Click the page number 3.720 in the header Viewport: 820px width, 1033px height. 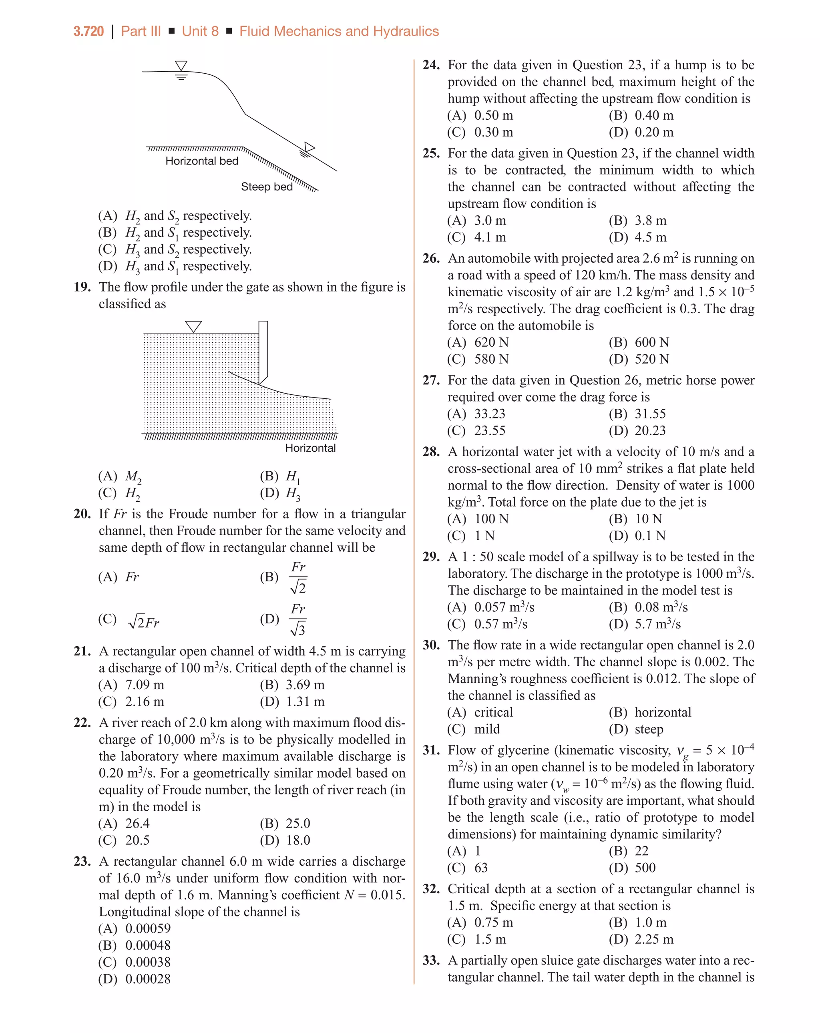click(88, 31)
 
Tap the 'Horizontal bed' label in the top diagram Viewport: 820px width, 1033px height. click(202, 161)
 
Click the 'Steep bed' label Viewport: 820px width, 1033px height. click(267, 187)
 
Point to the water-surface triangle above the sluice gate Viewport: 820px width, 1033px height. click(193, 326)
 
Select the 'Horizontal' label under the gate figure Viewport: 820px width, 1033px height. click(310, 448)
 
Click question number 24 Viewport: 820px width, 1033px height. click(431, 65)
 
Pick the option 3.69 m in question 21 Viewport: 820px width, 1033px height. click(305, 685)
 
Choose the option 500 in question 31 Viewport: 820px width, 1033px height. click(645, 868)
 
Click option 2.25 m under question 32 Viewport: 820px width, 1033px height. click(654, 939)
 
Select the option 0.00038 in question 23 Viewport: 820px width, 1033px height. click(148, 962)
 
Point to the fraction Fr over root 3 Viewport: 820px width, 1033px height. click(297, 619)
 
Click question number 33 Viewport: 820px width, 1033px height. click(431, 961)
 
